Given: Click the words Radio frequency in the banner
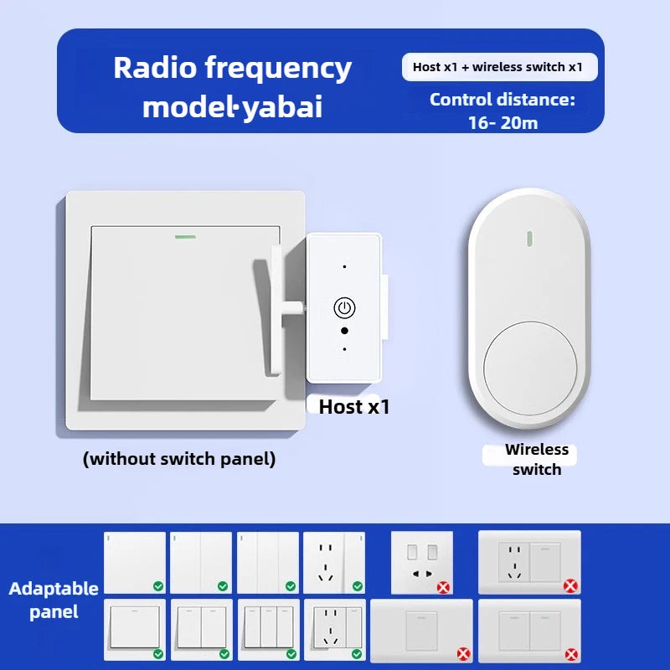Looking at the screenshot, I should tap(232, 68).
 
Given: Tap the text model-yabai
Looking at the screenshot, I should tap(232, 107).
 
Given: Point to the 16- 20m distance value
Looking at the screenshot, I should tap(502, 122).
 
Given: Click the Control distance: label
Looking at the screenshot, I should tap(502, 100).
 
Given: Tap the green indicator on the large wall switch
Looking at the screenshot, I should tap(184, 236).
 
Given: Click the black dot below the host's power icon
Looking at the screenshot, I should tap(344, 331).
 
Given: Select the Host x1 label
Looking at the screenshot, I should tap(354, 407).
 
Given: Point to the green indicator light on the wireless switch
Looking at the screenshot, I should tap(529, 237).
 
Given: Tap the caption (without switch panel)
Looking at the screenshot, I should tap(179, 459).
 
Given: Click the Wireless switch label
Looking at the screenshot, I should tap(536, 459).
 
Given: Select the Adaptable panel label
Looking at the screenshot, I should tap(54, 600).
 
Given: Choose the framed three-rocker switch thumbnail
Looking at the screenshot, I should tap(269, 626).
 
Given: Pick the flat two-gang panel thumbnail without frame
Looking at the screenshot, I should tap(201, 562).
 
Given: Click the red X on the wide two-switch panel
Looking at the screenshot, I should tap(571, 653).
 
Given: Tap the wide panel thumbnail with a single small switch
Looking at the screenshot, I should tap(421, 630).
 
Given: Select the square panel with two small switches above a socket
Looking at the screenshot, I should tap(422, 562).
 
